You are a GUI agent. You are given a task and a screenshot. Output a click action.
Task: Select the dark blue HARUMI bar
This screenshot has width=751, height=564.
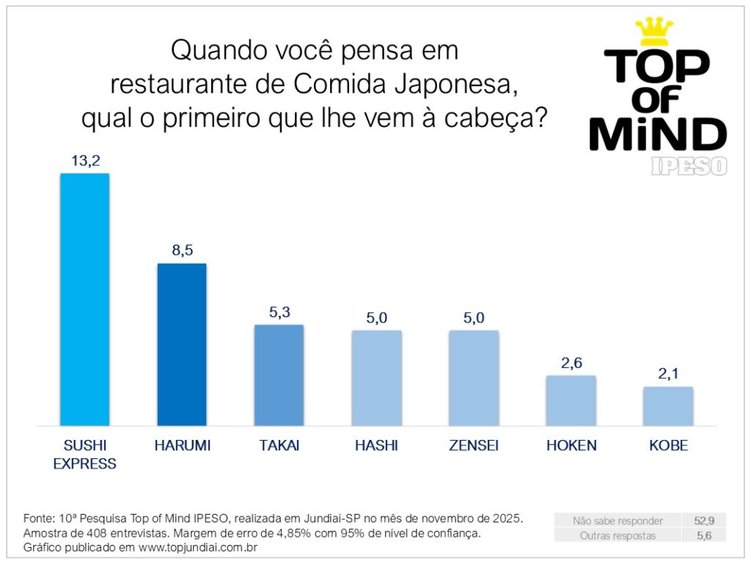pos(182,344)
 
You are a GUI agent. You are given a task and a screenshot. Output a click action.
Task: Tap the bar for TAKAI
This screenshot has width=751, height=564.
pos(279,375)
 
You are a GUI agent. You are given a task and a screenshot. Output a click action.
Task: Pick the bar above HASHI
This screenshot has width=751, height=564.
pos(376,378)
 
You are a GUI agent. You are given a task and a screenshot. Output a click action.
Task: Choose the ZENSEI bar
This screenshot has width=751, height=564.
pos(474,378)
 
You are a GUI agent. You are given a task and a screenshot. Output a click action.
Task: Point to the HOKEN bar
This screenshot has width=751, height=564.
pos(571,400)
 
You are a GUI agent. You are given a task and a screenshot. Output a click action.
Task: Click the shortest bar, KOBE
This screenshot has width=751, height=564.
pos(668,406)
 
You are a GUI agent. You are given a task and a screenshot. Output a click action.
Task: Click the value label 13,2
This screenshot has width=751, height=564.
pos(84,161)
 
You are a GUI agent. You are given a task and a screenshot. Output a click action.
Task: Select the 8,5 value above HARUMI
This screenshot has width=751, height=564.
pos(182,250)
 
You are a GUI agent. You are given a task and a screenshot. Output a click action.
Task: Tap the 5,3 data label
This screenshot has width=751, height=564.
pos(279,312)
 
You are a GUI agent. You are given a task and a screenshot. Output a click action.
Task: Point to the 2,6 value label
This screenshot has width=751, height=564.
pos(571,363)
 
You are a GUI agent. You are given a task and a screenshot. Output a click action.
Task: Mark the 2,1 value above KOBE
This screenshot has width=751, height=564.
pos(668,374)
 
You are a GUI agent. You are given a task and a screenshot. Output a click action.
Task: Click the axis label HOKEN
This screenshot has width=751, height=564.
pos(571,446)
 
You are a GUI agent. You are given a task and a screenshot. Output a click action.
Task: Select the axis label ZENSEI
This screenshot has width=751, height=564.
pos(474,446)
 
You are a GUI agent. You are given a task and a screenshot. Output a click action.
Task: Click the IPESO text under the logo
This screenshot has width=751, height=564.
pos(689,166)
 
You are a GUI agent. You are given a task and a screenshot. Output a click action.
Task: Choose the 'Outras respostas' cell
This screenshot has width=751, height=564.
pos(618,535)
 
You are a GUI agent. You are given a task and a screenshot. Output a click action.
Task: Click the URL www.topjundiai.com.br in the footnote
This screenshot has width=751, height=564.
pos(198,548)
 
